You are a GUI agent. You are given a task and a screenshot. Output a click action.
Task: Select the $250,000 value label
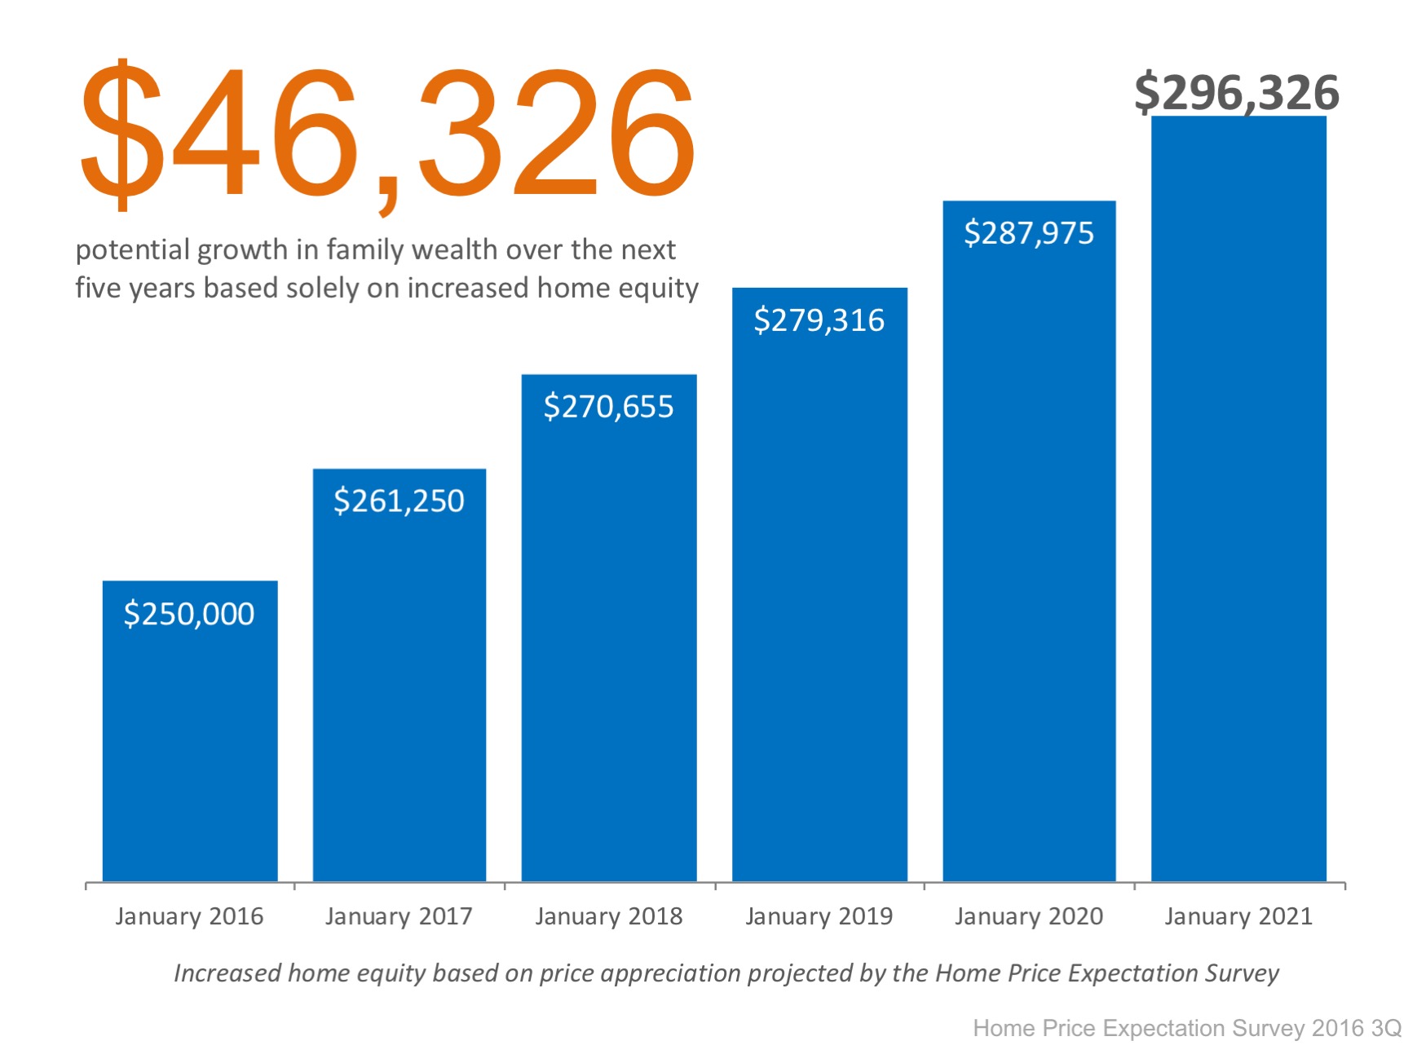click(x=189, y=614)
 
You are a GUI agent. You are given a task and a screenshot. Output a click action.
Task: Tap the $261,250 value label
click(x=399, y=501)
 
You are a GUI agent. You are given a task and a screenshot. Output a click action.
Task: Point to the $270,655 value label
click(x=608, y=407)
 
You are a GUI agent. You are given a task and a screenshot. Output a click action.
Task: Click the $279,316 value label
click(x=819, y=320)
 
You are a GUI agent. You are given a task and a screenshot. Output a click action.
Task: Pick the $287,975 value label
click(x=1029, y=233)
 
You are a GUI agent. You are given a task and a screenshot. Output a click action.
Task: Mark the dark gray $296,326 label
click(x=1236, y=92)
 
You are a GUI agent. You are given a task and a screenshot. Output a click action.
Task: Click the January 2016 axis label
click(x=189, y=916)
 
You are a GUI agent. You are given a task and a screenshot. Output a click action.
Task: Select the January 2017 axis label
click(x=399, y=916)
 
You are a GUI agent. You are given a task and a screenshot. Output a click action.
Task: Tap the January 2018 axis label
click(x=608, y=916)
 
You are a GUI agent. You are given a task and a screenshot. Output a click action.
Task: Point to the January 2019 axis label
click(x=819, y=916)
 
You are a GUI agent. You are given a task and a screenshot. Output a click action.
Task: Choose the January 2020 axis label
click(x=1029, y=916)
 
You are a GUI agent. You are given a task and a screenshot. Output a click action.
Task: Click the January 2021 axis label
click(x=1238, y=916)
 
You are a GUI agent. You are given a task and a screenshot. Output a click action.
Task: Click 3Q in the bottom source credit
click(x=1386, y=1028)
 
